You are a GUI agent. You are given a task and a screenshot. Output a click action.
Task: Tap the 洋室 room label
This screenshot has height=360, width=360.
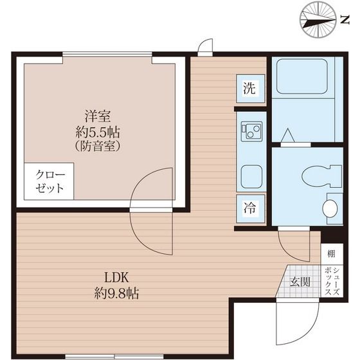98,116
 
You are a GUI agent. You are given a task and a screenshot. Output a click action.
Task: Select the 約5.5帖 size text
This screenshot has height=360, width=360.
98,132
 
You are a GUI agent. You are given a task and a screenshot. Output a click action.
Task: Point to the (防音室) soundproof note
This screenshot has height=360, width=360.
98,147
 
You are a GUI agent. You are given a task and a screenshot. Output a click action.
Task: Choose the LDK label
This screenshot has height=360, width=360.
118,278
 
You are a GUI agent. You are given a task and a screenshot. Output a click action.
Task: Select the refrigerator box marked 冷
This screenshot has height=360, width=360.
249,208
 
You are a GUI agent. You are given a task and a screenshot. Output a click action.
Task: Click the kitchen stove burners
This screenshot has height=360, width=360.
249,132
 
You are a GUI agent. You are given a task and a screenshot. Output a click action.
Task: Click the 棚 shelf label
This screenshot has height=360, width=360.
330,254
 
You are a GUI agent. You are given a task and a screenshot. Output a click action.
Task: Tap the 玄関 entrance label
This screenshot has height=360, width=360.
299,281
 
